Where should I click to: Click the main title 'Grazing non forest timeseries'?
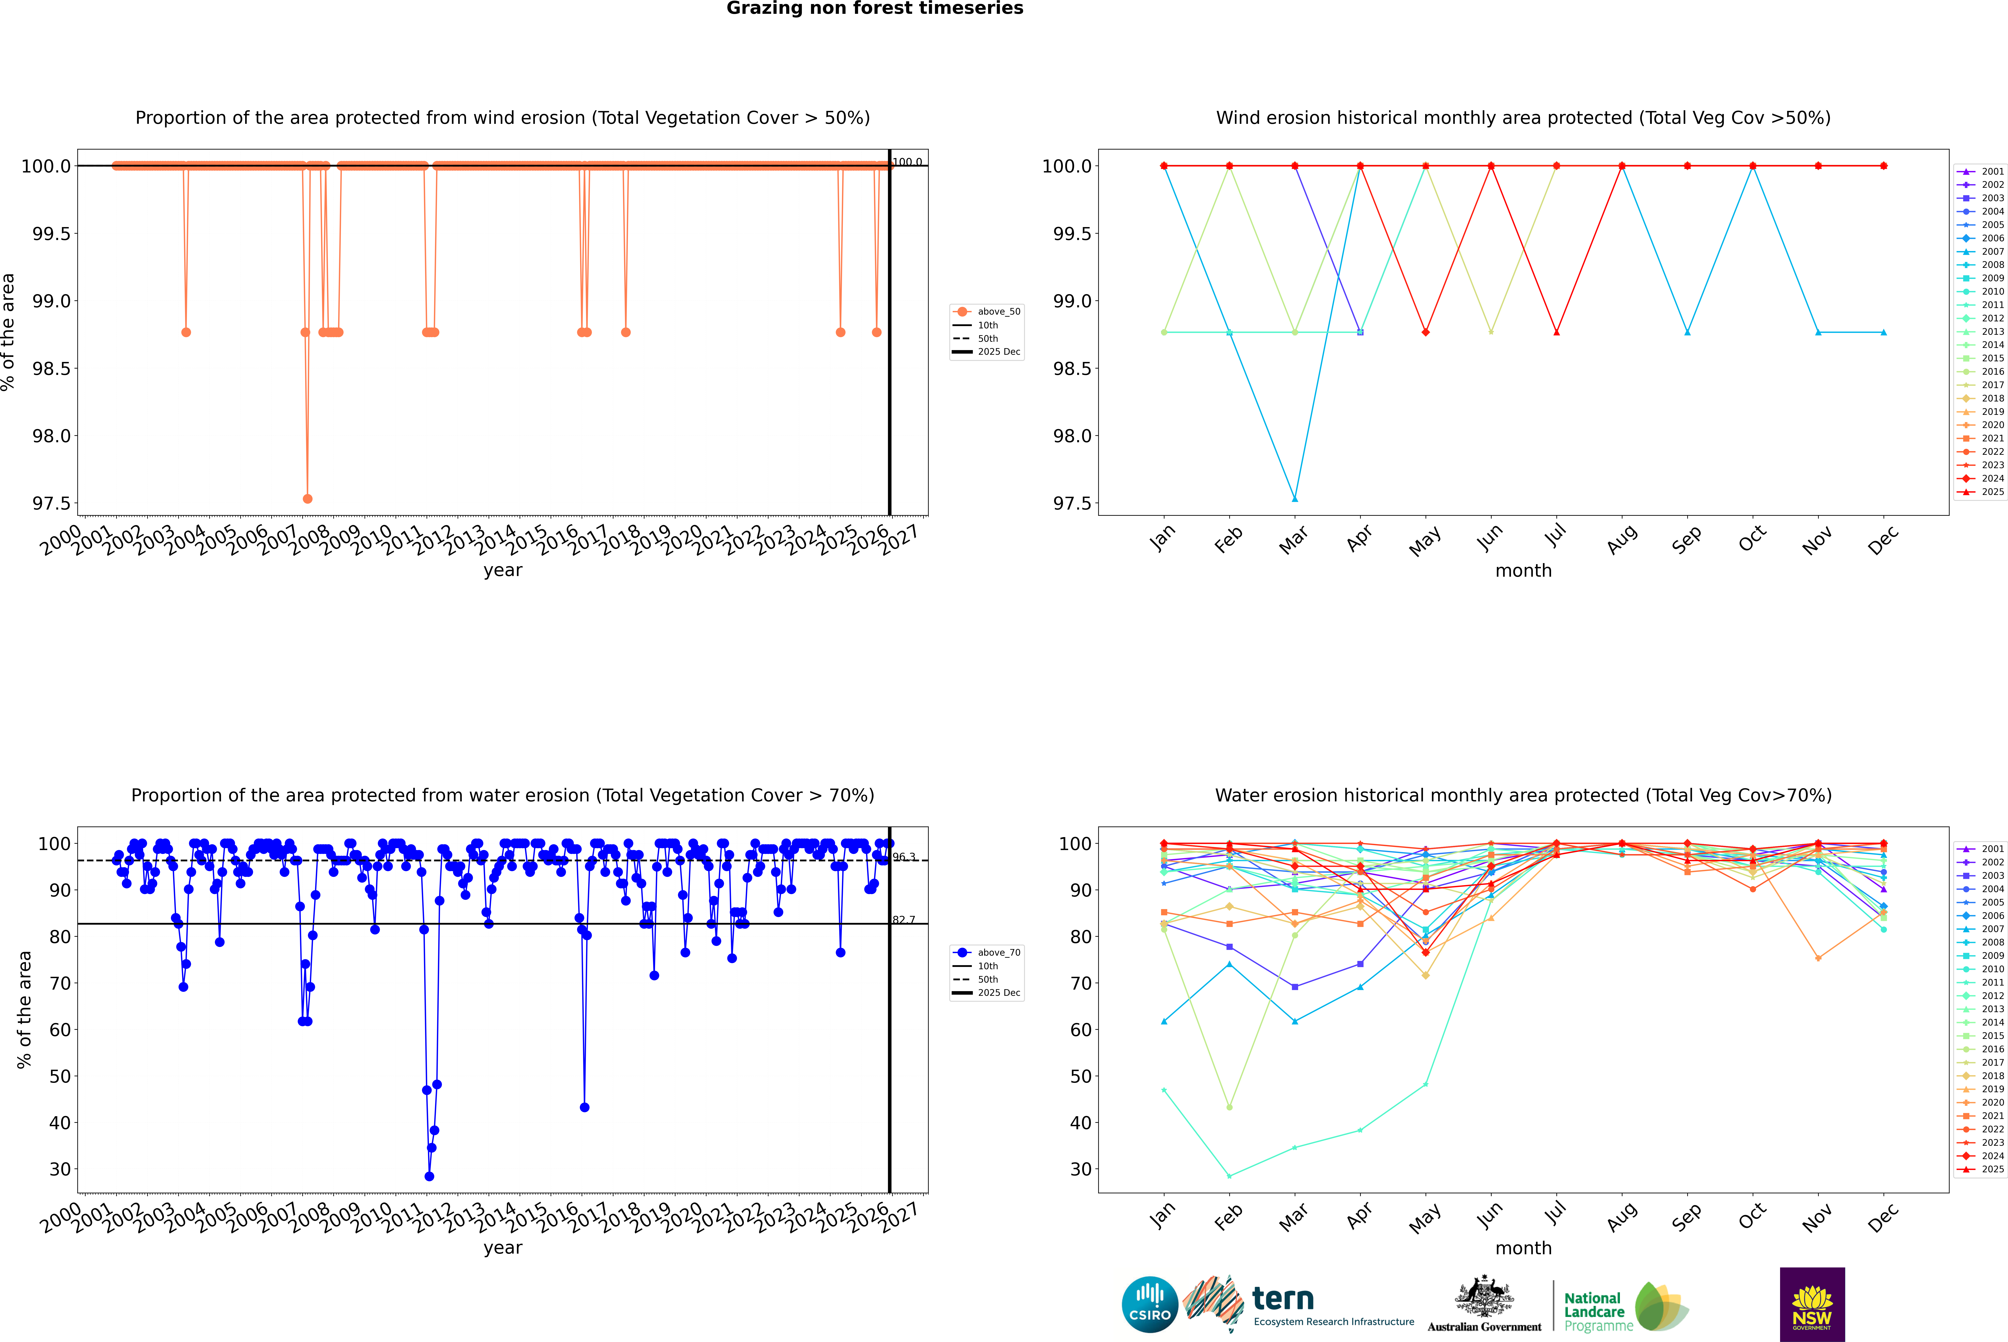point(875,8)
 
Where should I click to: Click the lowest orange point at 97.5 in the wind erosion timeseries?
point(307,498)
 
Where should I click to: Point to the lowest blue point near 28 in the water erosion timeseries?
point(429,1176)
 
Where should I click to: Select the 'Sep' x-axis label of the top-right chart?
point(1686,539)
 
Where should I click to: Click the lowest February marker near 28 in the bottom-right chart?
point(1229,1176)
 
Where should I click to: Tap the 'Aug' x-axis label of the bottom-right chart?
point(1621,1217)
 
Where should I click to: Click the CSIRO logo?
point(1150,1304)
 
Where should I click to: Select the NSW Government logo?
point(1812,1304)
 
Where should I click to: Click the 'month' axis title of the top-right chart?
point(1523,571)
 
